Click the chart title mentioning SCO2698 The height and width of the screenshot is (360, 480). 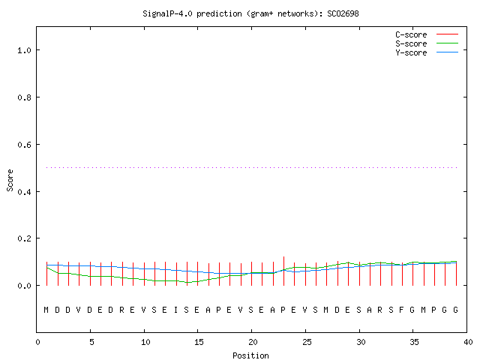point(250,13)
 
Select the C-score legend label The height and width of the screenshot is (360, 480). point(411,34)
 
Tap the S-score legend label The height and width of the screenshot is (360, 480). point(411,43)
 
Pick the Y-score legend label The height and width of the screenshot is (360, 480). point(411,52)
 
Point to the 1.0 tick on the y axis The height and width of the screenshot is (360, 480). point(25,50)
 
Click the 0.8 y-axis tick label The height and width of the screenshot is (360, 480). point(25,97)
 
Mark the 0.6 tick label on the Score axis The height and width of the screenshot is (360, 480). point(25,145)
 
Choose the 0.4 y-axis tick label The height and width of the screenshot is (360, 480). point(25,192)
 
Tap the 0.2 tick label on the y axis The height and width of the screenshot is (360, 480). point(25,238)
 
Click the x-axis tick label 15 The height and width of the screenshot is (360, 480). point(198,342)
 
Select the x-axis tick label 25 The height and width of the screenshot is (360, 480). point(306,342)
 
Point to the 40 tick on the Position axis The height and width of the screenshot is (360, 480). point(468,342)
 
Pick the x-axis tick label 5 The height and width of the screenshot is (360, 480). point(91,342)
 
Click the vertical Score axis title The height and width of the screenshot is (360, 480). point(10,181)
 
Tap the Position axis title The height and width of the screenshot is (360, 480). point(250,355)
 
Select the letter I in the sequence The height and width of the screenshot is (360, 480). point(175,310)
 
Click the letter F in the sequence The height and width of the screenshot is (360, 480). point(402,310)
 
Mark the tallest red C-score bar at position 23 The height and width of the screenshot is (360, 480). point(283,271)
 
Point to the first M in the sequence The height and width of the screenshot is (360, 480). point(46,310)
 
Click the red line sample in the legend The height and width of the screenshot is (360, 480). point(447,34)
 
